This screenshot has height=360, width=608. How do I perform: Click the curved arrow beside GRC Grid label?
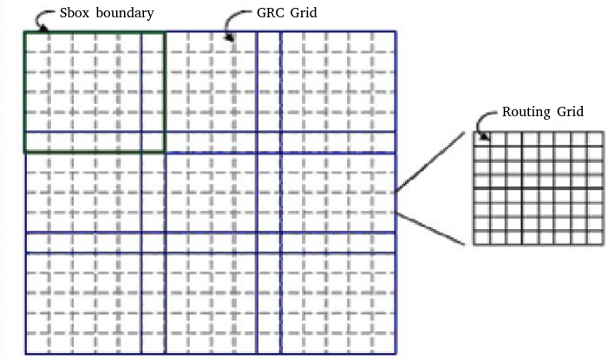[x=230, y=26]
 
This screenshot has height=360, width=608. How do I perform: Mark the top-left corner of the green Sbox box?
[x=24, y=32]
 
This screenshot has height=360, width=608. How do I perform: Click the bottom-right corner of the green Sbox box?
[x=164, y=152]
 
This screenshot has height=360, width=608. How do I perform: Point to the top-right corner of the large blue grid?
[x=396, y=32]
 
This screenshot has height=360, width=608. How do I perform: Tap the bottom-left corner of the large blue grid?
[x=25, y=354]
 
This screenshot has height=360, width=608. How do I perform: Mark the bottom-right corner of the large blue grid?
[x=396, y=354]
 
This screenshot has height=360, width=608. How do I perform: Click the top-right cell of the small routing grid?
[x=594, y=139]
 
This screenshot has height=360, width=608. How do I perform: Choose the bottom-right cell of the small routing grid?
[x=594, y=238]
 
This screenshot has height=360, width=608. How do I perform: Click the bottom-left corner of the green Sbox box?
[x=24, y=152]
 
